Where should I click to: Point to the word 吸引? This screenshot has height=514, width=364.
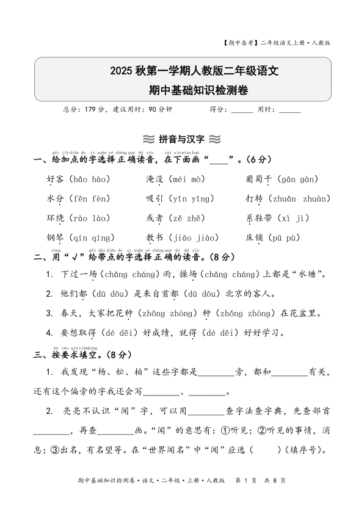pos(154,198)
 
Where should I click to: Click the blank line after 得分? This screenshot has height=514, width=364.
pos(242,110)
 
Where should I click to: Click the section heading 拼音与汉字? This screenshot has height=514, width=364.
pos(181,139)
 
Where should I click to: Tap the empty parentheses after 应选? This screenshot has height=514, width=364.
pos(261,450)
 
